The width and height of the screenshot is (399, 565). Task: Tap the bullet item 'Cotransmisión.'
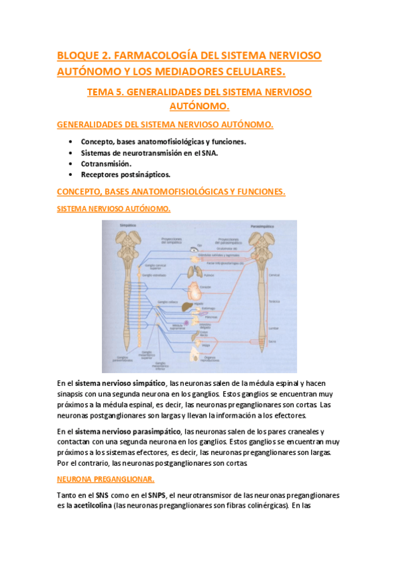click(106, 163)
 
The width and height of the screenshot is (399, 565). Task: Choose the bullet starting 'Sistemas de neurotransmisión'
click(149, 153)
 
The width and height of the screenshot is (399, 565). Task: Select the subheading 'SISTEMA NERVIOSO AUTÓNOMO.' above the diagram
click(113, 209)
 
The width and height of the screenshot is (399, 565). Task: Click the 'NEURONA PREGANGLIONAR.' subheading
click(105, 479)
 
